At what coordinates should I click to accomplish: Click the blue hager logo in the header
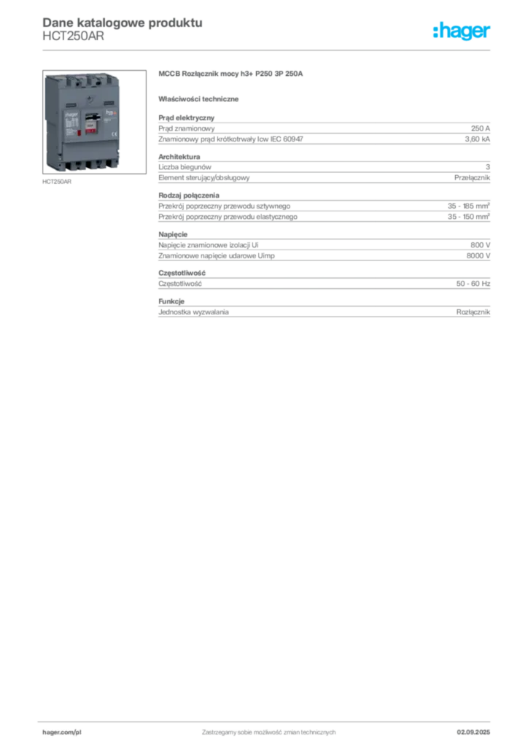point(462,31)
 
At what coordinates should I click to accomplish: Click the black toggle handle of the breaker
point(93,117)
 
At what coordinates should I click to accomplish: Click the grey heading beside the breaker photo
point(233,74)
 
